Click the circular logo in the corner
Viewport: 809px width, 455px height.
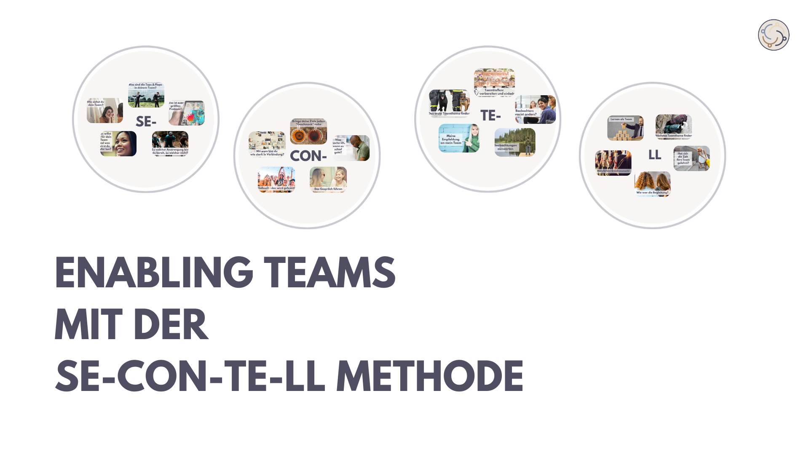774,35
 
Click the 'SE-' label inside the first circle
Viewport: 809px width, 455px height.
146,122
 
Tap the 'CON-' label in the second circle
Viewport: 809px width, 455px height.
308,156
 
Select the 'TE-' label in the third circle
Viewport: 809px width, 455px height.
490,115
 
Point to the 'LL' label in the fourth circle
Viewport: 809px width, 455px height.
654,155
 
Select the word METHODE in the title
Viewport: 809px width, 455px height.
429,376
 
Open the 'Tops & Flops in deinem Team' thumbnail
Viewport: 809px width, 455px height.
146,95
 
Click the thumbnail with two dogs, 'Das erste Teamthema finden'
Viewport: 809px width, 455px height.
449,102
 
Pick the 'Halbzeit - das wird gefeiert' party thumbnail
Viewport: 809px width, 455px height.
276,179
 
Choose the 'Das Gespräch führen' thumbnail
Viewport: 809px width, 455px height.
328,179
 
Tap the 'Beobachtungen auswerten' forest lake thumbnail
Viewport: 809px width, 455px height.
515,142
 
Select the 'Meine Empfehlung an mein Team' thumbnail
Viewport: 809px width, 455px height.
459,138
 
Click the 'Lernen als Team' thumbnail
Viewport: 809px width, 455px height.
625,128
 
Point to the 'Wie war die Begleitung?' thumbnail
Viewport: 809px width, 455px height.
652,184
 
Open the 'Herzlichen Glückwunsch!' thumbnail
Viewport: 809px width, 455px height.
613,163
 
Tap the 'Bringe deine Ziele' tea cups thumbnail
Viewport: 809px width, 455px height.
308,131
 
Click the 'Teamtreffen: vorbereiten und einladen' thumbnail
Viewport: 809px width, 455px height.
494,83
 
